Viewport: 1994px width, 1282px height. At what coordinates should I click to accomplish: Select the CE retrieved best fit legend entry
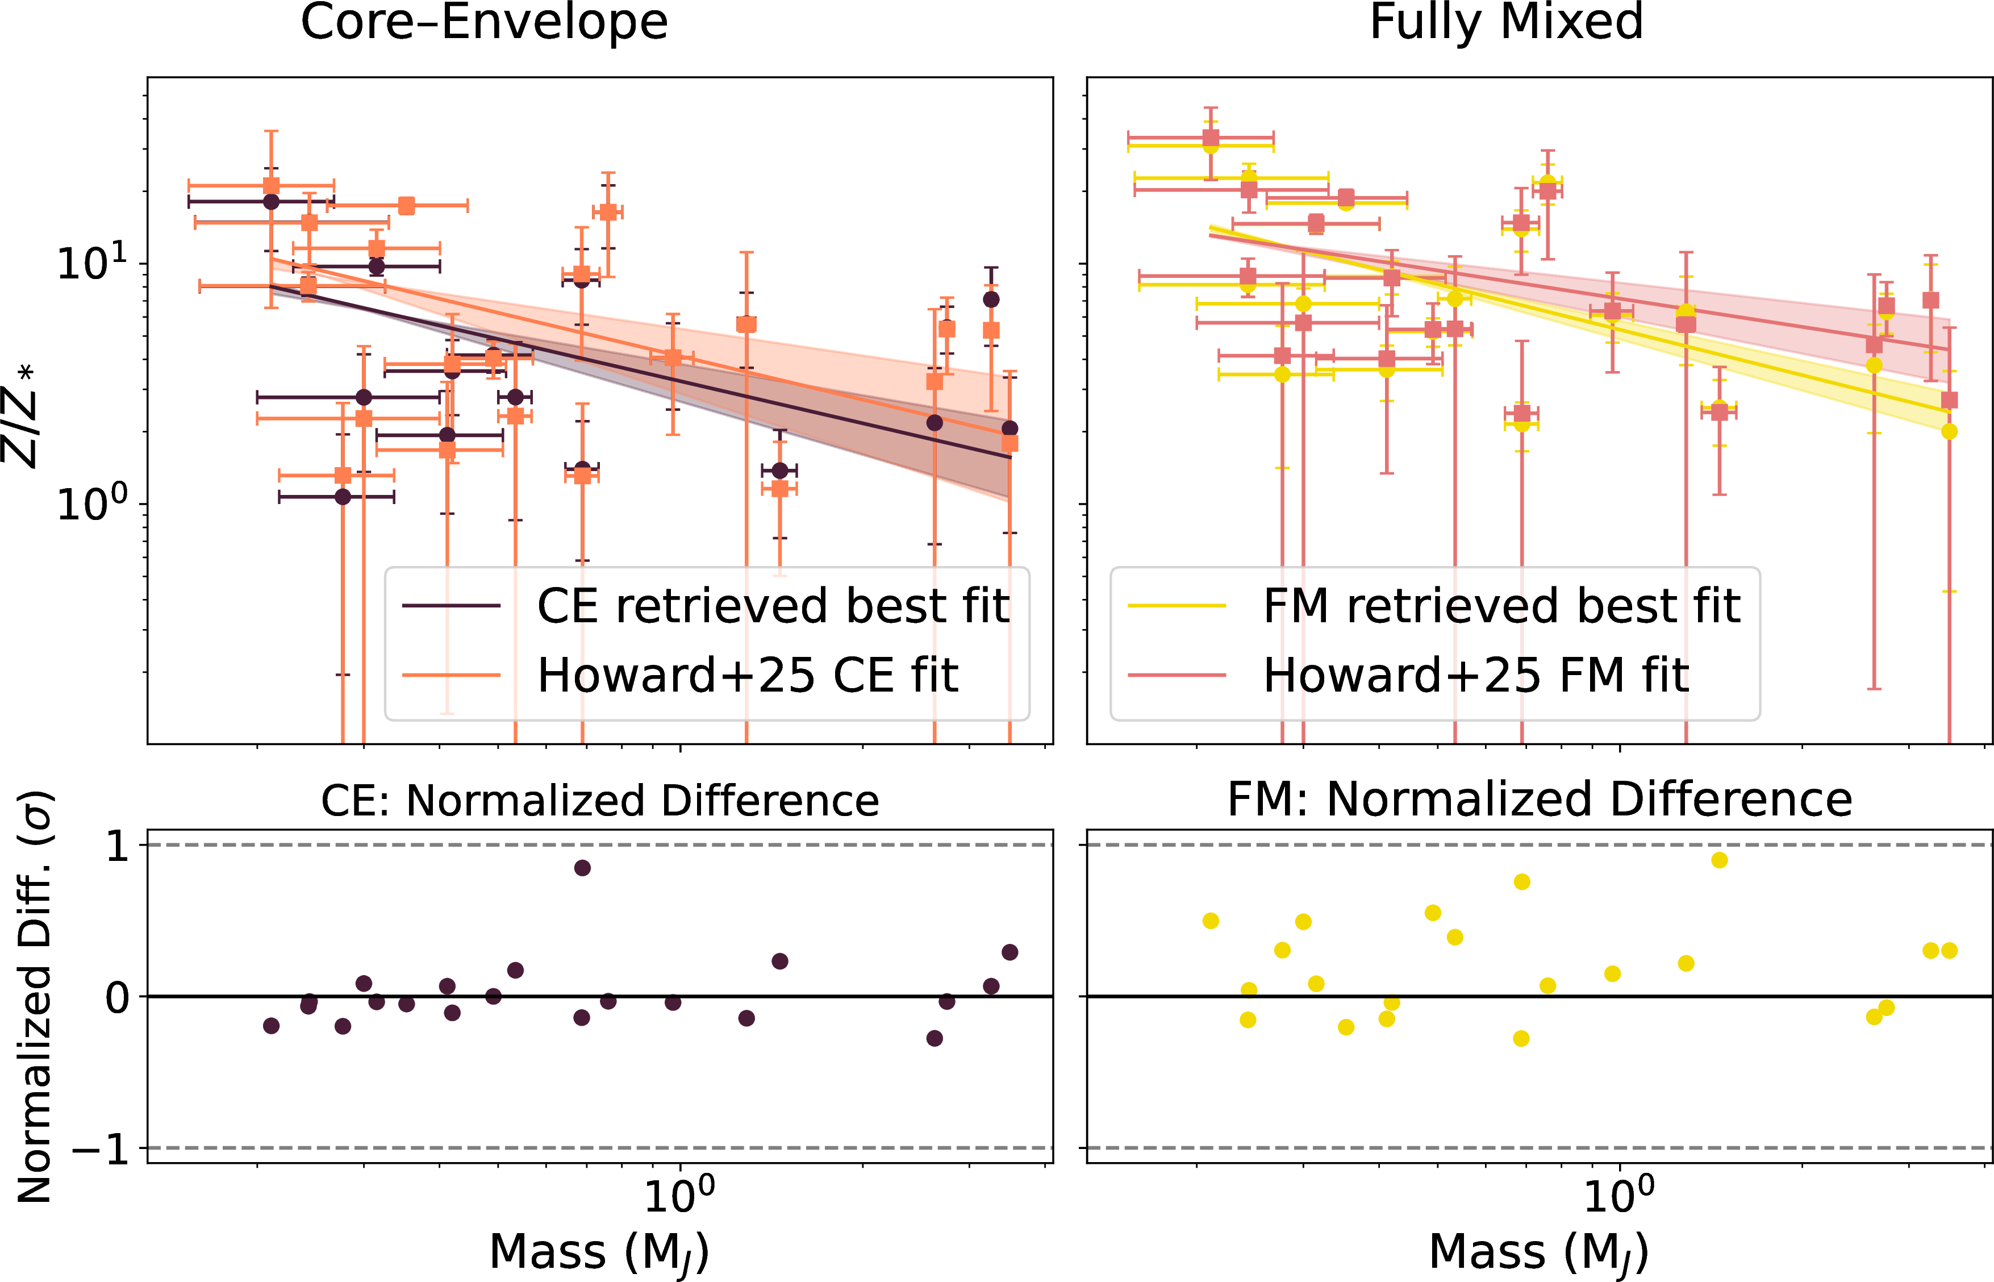772,605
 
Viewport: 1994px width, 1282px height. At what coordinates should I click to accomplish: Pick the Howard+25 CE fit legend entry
748,675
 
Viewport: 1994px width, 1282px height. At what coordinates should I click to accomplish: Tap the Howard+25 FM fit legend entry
1475,675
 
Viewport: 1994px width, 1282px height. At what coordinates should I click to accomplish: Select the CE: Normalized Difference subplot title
600,801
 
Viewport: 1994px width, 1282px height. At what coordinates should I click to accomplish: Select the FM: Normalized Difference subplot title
1540,801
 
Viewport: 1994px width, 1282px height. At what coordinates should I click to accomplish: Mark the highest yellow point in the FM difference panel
1720,860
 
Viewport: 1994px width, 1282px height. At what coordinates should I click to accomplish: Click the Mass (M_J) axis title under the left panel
599,1254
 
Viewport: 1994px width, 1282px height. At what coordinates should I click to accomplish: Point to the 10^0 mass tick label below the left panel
679,1196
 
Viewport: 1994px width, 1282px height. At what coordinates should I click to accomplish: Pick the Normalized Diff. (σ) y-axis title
35,997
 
